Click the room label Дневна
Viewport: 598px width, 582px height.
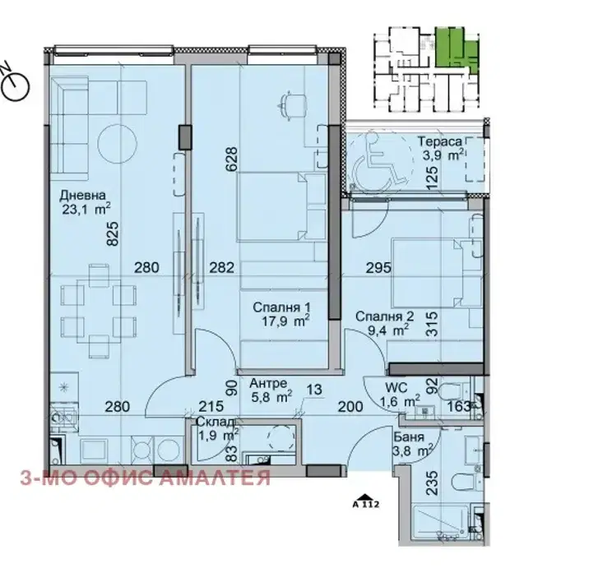(x=82, y=196)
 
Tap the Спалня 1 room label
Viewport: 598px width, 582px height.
(x=281, y=307)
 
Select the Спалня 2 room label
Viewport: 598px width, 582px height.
(x=384, y=316)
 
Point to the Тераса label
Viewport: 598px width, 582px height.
(x=441, y=141)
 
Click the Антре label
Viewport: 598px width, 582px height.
(x=268, y=383)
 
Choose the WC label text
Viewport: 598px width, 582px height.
(x=396, y=388)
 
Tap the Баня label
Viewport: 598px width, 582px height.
(x=409, y=436)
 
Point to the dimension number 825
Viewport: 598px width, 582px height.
(x=114, y=234)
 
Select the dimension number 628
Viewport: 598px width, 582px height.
(x=232, y=159)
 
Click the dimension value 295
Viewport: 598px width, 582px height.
(x=378, y=267)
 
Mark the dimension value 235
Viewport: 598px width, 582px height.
(x=432, y=483)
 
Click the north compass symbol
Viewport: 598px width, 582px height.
(x=15, y=84)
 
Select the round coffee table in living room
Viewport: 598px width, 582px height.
(x=117, y=144)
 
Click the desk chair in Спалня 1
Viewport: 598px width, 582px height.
(x=293, y=104)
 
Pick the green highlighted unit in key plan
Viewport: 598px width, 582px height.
(x=457, y=50)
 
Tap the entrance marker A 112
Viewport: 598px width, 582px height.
(x=365, y=501)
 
